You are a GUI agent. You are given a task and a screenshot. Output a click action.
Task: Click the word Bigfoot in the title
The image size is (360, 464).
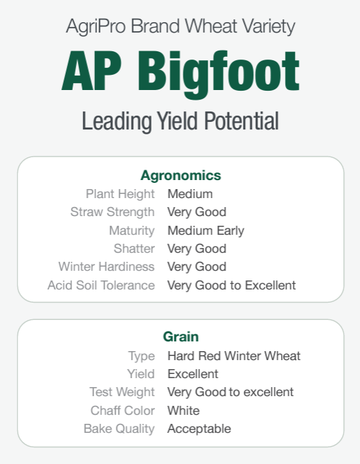pos(219,74)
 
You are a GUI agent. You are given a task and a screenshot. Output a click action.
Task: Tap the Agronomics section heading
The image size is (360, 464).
pos(181,175)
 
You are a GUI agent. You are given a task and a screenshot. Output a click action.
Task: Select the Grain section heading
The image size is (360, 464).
pos(181,337)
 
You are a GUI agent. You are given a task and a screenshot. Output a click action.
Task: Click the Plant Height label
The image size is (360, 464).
pos(120,195)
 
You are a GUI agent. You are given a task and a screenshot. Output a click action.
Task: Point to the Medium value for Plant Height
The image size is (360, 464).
pos(190,194)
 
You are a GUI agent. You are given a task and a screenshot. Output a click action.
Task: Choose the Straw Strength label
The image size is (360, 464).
pos(112,213)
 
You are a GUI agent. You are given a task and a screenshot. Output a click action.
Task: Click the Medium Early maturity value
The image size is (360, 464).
pos(206,231)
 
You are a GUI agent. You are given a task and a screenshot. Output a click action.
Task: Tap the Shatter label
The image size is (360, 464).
pos(134,249)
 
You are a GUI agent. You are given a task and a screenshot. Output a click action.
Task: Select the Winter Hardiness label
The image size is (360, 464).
pos(107,267)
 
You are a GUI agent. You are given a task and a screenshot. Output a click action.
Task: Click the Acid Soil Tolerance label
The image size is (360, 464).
pos(101,285)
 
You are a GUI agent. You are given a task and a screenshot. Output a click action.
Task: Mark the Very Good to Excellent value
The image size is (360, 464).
pos(232,285)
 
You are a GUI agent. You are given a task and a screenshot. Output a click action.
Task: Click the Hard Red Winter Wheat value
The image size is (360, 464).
pos(234,356)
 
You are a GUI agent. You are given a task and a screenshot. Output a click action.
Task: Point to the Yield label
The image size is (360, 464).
pos(141,374)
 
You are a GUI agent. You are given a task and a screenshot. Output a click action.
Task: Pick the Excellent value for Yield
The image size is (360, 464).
pos(193,374)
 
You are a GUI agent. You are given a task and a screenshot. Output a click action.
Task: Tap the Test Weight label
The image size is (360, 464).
pos(122,393)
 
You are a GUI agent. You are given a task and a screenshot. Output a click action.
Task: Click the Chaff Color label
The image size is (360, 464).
pos(123,411)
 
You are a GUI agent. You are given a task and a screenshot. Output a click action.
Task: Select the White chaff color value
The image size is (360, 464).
pos(183,411)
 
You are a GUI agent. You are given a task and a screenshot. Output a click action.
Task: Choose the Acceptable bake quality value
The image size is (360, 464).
pos(199,429)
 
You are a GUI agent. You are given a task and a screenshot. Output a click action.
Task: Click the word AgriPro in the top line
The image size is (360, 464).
pos(96,26)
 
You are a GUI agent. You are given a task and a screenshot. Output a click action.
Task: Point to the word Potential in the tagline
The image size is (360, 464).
pos(242,121)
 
